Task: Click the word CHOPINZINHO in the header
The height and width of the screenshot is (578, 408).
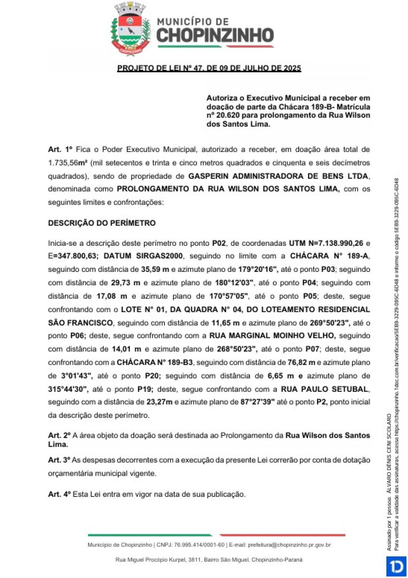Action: (215, 35)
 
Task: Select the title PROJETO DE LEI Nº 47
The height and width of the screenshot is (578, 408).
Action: (209, 68)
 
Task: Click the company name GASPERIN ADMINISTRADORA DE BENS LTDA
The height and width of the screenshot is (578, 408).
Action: (278, 176)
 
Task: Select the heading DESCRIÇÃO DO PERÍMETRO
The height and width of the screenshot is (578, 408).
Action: (102, 223)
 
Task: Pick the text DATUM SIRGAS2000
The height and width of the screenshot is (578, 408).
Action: (143, 256)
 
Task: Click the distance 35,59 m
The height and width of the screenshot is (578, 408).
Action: (155, 269)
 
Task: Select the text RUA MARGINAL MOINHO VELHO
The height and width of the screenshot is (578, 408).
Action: (272, 335)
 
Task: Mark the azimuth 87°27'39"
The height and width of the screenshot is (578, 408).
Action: (257, 402)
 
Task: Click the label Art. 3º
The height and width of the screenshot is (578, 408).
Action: (59, 460)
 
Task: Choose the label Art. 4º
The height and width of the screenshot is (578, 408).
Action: (60, 494)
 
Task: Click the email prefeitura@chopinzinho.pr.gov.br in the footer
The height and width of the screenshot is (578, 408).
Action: (289, 545)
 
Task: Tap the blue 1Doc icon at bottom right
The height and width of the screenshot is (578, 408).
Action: (395, 567)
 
